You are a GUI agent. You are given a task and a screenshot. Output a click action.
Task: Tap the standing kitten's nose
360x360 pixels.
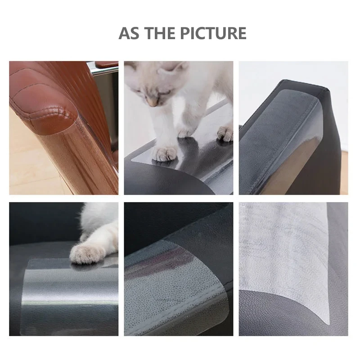coord(153,103)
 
